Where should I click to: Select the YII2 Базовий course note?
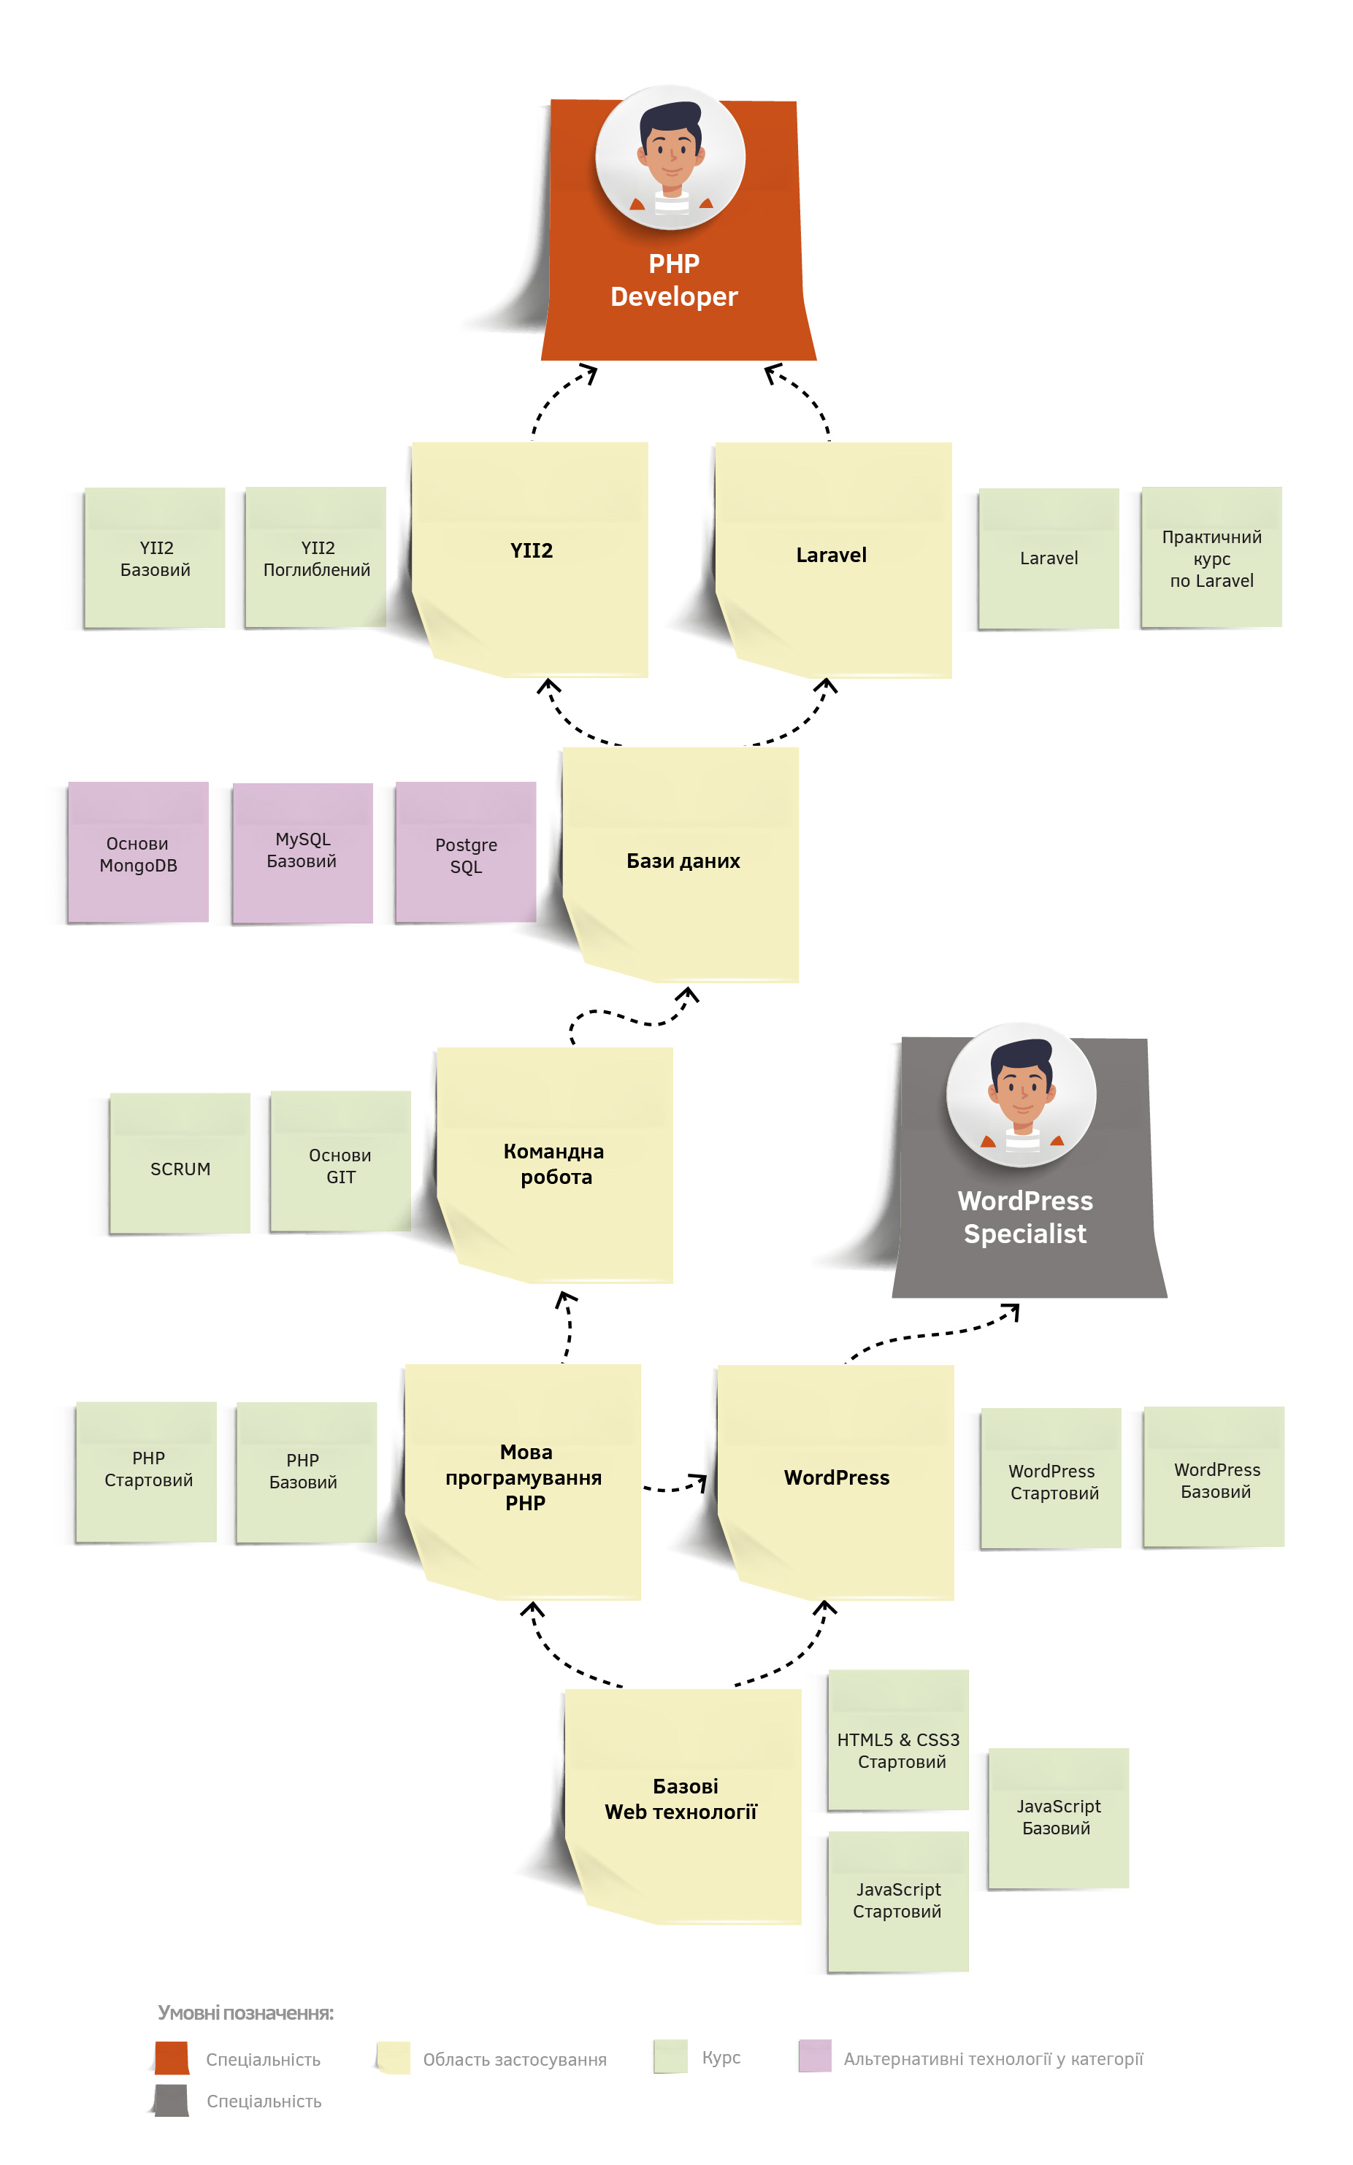pos(155,558)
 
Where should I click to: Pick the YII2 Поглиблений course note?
pos(316,558)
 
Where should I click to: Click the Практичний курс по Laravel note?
pos(1211,558)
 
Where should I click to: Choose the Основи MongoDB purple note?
pos(139,853)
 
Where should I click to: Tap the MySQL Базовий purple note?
pos(302,851)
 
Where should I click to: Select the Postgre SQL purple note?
pos(467,854)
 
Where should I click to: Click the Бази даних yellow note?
pos(683,861)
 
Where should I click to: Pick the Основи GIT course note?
pos(341,1165)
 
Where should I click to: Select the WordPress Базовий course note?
pos(1215,1480)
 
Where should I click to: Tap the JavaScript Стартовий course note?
pos(898,1900)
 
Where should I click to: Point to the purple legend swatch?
pos(814,2056)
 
